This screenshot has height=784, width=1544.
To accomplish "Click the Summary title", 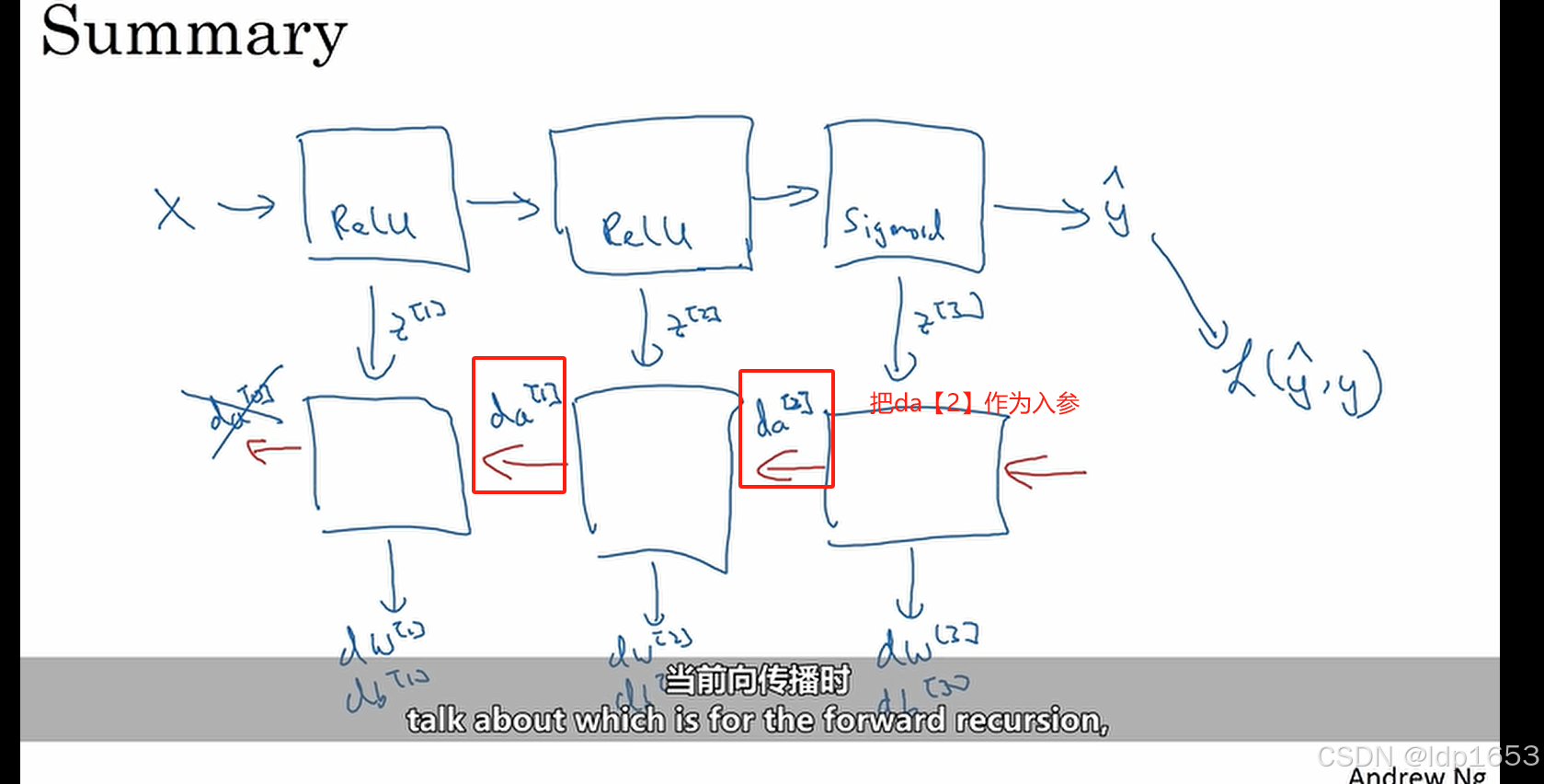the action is [193, 33].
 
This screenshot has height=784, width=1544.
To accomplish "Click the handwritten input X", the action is [174, 210].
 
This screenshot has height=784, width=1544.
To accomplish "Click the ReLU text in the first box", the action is [372, 222].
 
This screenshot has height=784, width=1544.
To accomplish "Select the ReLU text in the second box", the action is [646, 230].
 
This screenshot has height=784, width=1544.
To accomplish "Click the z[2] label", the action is [692, 321].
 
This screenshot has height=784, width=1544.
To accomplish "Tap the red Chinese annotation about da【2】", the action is [974, 403].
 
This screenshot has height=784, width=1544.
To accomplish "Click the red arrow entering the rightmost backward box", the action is [1045, 472].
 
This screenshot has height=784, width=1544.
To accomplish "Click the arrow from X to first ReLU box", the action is [246, 207].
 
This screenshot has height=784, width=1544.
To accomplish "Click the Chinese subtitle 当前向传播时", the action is [757, 680].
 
